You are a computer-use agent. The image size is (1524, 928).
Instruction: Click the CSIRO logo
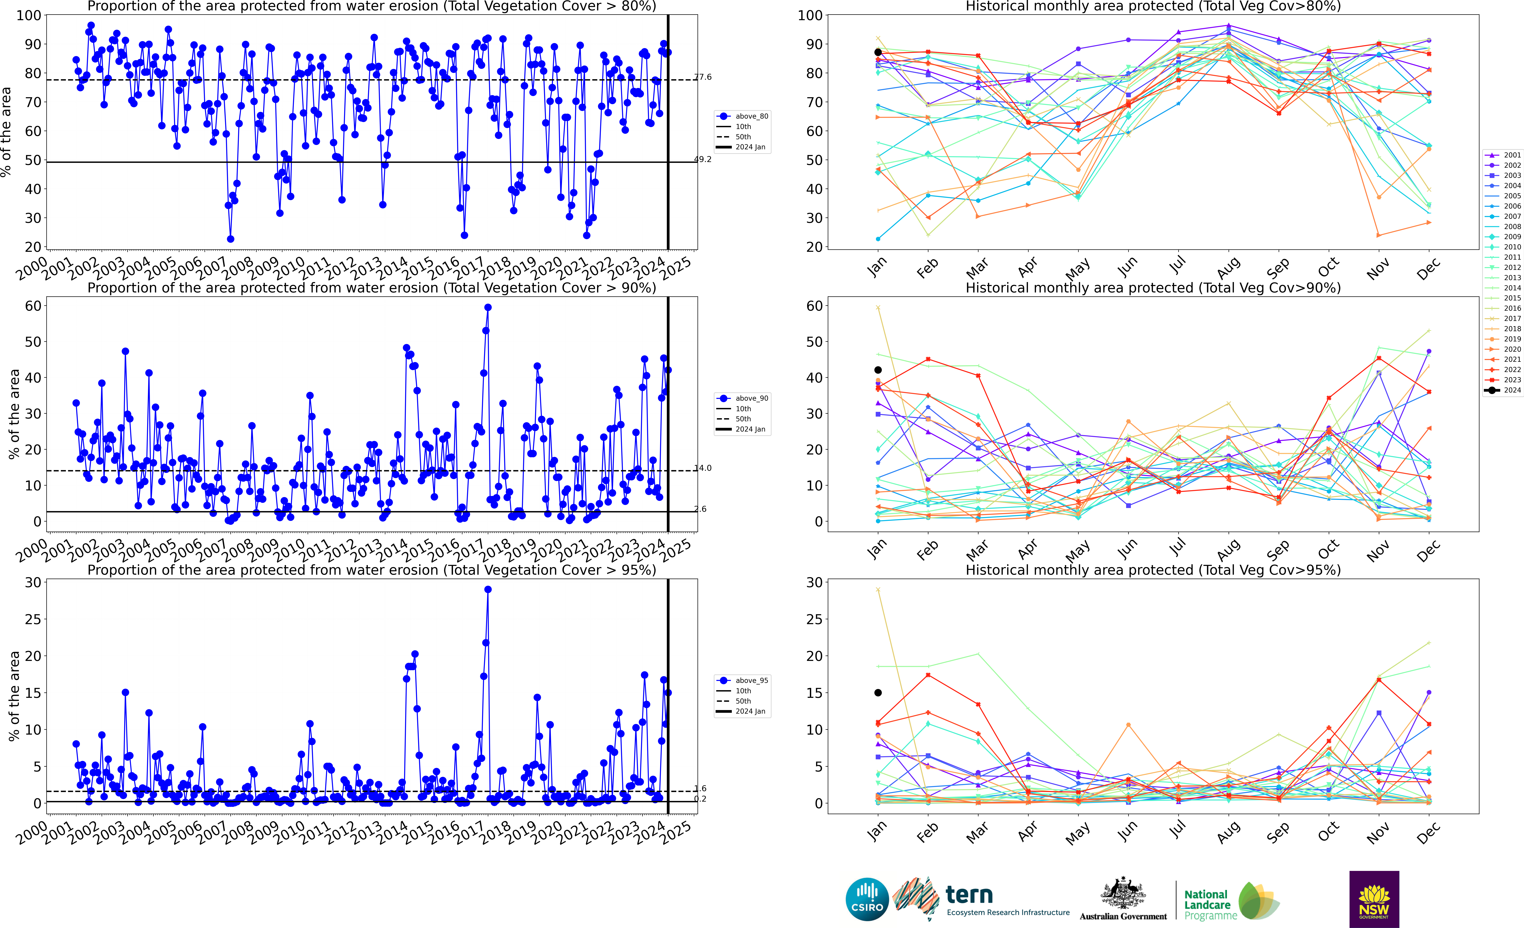tap(867, 899)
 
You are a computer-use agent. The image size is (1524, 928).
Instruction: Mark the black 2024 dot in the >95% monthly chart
tap(878, 693)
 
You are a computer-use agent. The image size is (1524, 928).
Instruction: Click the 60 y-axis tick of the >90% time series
tap(33, 306)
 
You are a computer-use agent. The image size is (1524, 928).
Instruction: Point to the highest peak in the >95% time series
tap(488, 590)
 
